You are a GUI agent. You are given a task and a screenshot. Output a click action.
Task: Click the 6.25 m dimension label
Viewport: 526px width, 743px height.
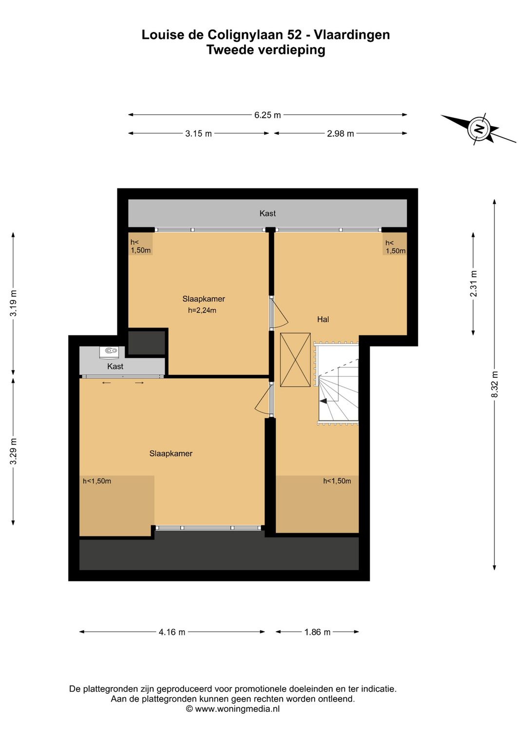click(x=267, y=115)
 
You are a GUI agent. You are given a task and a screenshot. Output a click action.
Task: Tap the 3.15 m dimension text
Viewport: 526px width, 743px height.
click(x=198, y=134)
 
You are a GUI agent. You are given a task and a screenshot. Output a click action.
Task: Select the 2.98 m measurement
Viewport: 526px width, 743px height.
click(x=340, y=134)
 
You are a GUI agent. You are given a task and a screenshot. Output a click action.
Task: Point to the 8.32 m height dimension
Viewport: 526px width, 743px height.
click(x=495, y=384)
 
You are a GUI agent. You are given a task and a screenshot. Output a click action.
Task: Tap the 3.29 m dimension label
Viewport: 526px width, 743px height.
click(x=13, y=451)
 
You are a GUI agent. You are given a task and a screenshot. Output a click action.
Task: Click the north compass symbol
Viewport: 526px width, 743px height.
click(x=478, y=129)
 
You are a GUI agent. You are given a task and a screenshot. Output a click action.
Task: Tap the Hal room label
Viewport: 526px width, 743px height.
click(x=323, y=319)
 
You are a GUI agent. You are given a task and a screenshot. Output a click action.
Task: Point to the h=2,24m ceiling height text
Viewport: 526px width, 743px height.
click(x=202, y=311)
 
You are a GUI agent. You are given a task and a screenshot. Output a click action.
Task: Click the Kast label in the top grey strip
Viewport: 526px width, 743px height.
click(x=267, y=213)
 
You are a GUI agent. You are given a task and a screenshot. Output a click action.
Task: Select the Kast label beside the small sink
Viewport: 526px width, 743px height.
click(x=115, y=367)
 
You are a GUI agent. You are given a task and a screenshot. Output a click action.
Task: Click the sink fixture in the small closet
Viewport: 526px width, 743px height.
click(x=110, y=352)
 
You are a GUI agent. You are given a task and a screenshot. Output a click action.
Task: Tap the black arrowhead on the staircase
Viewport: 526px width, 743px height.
click(x=323, y=401)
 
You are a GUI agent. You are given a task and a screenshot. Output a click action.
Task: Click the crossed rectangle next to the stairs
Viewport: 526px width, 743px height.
click(x=295, y=360)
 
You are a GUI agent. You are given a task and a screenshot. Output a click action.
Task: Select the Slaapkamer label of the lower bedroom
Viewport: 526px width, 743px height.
click(x=171, y=453)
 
